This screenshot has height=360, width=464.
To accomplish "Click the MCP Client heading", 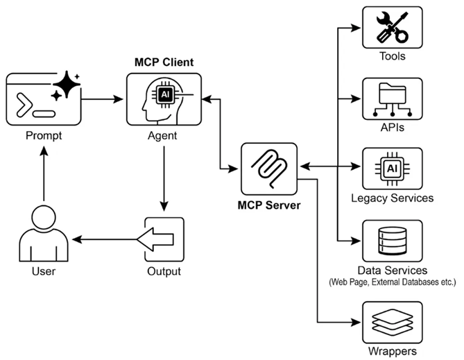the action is (x=164, y=62).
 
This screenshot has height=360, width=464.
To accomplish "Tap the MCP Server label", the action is (x=269, y=205).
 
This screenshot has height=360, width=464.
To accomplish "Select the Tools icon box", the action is (x=393, y=28).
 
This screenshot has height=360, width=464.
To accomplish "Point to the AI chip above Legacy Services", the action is (x=393, y=169).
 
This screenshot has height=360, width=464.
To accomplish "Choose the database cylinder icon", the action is (x=393, y=241).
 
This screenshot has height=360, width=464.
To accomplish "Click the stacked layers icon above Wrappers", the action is (x=393, y=322).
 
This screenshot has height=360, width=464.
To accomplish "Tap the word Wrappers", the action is (x=393, y=352).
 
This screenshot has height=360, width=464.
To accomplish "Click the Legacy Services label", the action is (x=393, y=198).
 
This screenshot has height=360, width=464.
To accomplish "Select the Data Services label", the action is (x=393, y=271).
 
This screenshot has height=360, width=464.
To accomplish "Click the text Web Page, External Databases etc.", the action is (x=393, y=282).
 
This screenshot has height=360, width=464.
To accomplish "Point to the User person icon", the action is (x=44, y=234).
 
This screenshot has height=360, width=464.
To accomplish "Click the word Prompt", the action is (x=44, y=135).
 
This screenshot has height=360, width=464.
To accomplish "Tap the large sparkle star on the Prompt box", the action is (x=67, y=84).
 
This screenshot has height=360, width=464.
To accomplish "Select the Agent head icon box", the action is (x=164, y=99).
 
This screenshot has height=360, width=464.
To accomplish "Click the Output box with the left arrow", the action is (x=164, y=239).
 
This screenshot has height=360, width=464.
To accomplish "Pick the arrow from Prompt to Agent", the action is (x=102, y=99).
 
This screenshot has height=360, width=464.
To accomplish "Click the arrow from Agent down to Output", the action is (x=164, y=178).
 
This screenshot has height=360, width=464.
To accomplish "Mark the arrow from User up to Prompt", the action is (x=44, y=173).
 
